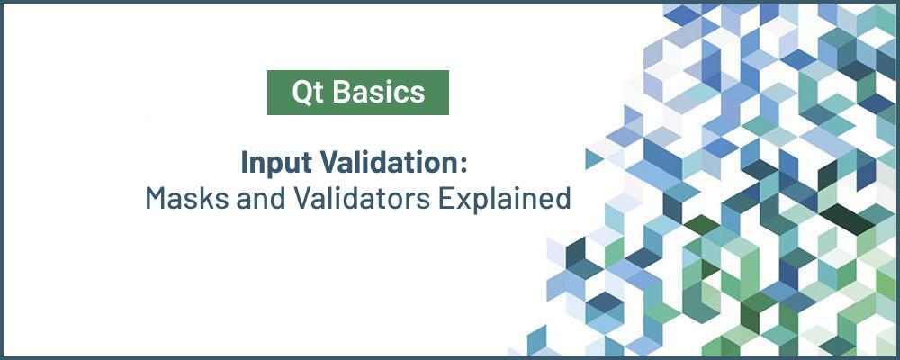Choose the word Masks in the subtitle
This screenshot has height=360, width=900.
[181, 198]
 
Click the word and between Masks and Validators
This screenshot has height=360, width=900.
[248, 198]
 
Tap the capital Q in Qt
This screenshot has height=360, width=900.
[300, 92]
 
